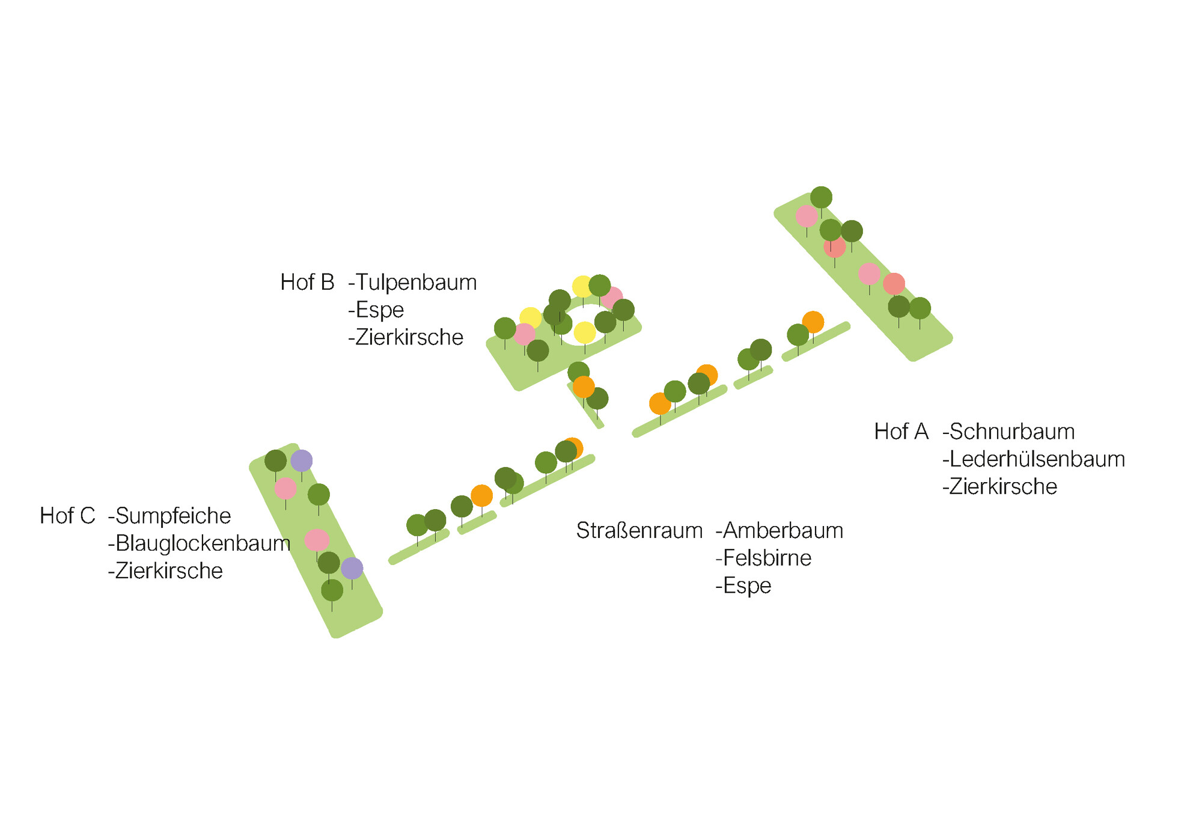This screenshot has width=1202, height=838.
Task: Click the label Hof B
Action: [307, 283]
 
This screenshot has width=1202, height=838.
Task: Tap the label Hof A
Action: [901, 432]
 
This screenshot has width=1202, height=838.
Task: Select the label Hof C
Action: [67, 516]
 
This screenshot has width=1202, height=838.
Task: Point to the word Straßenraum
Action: [639, 531]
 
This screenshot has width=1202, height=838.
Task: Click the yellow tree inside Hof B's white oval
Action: [584, 332]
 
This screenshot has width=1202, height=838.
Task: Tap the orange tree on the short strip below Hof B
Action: [584, 387]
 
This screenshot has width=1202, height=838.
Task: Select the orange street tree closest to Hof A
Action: [813, 322]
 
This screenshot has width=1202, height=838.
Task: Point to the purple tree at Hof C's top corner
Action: [302, 461]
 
